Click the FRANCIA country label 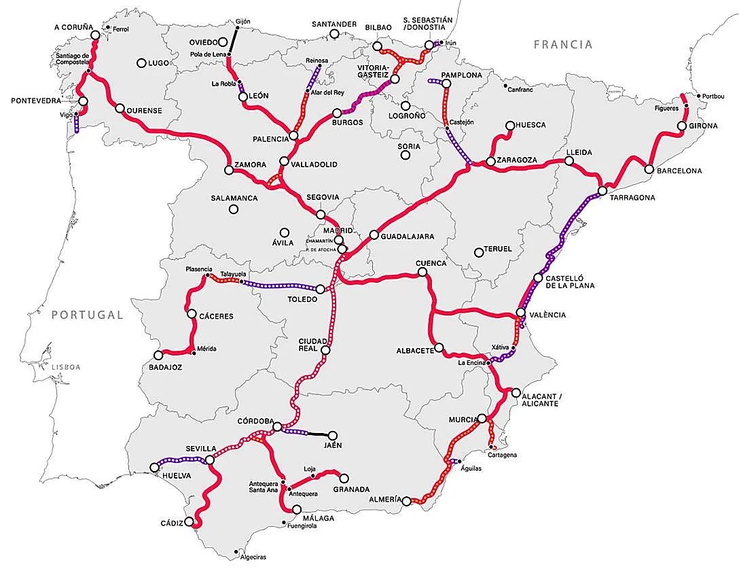point(562,45)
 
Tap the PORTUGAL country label point(88,315)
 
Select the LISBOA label point(65,367)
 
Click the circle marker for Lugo point(141,63)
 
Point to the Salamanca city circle point(233,209)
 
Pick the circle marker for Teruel point(479,250)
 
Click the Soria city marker point(405,155)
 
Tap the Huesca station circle point(510,125)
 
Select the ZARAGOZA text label point(517,160)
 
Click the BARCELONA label point(679,171)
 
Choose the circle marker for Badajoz point(159,355)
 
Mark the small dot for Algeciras point(236,551)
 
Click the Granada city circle point(344,478)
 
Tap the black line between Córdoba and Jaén point(319,434)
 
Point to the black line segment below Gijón point(234,40)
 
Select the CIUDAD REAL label point(313,345)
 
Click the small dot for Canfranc point(505,86)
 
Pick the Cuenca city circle point(422,273)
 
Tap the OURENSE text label point(145,109)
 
